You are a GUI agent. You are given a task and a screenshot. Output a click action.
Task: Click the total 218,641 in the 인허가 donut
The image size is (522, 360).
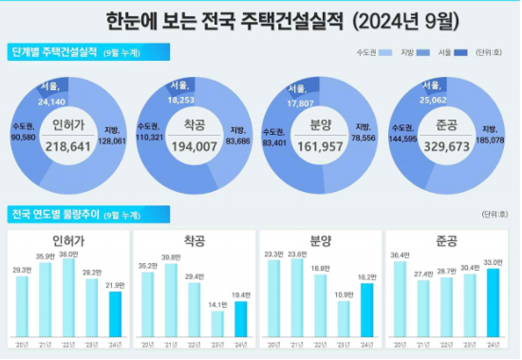[x=71, y=148]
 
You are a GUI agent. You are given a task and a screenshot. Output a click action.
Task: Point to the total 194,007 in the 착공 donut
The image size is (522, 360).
[x=196, y=148]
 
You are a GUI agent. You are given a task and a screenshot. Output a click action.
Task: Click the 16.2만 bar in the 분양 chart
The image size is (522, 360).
[x=366, y=310]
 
